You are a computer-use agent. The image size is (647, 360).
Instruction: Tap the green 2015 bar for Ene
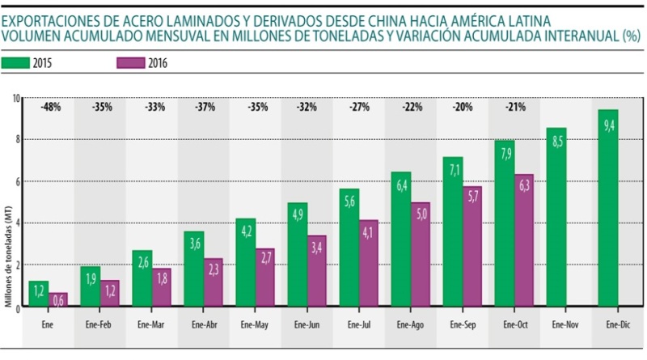pos(39,295)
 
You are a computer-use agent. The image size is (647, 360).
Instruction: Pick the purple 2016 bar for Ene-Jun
pos(318,272)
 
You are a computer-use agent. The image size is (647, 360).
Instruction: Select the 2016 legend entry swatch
pos(130,63)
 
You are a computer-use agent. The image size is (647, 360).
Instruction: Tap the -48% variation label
pos(50,106)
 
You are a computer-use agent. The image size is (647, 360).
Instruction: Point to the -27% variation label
pos(358,106)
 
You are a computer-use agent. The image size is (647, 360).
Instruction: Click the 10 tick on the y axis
pos(15,99)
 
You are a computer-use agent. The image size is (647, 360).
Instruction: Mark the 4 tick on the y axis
pos(17,223)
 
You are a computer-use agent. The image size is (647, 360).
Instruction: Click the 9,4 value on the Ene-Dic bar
pos(608,124)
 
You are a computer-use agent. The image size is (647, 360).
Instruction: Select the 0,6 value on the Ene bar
pos(59,300)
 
